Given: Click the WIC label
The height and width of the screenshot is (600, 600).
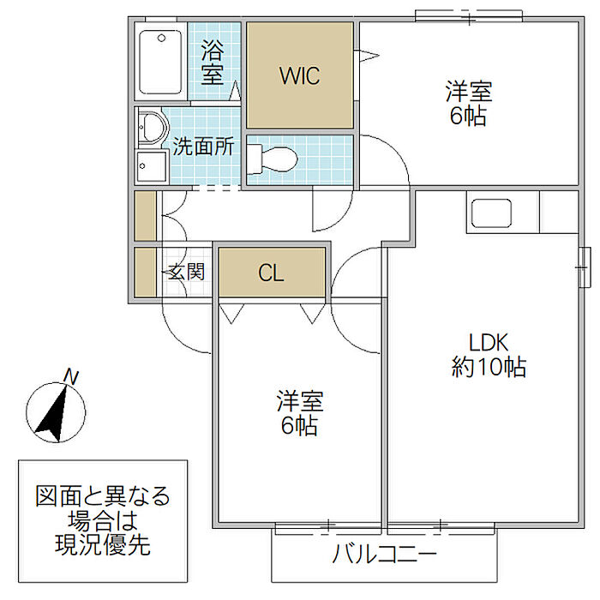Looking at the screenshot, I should [x=299, y=75].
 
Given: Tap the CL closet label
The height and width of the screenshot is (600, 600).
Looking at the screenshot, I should [x=271, y=273].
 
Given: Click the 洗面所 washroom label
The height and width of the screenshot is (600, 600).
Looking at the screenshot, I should [x=203, y=147].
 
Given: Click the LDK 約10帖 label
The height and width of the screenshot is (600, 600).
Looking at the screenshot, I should [x=489, y=355].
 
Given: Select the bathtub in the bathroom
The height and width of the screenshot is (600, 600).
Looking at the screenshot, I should [x=160, y=63].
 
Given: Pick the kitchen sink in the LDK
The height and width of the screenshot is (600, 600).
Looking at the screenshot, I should [x=489, y=212].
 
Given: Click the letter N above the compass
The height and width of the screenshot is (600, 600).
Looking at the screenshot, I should [x=72, y=375].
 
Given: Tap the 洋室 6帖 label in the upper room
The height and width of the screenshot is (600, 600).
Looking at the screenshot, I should [x=467, y=103].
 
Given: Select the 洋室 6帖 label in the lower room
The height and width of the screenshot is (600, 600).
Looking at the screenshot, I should [x=299, y=412].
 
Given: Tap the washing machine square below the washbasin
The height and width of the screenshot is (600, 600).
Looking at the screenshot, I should [x=151, y=165].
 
